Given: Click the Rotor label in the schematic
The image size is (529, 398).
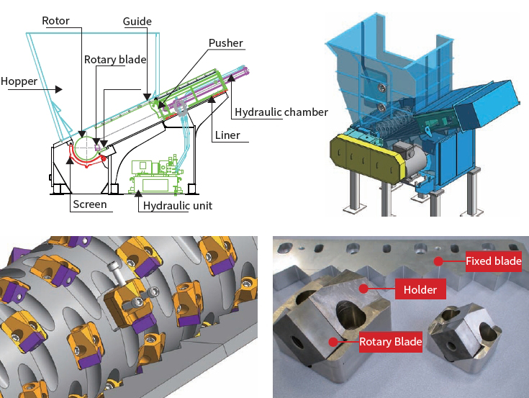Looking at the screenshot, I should (x=56, y=21).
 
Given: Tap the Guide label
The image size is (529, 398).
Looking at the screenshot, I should (x=137, y=21).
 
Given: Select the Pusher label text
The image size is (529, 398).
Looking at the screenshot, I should (x=226, y=43).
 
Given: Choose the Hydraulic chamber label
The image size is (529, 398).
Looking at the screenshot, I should (x=281, y=112).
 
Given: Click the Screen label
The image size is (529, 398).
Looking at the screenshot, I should (x=89, y=204).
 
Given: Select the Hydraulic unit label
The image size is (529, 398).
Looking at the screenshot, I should (x=178, y=206).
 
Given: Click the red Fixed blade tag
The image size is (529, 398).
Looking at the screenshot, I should (x=493, y=261).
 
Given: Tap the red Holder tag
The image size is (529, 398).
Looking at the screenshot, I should (x=420, y=290).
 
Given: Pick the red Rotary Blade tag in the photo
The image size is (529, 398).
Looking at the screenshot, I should (x=391, y=341).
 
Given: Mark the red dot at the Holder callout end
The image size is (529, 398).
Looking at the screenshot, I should (x=364, y=289).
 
